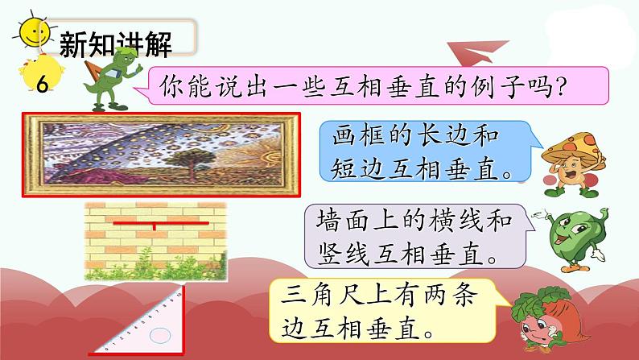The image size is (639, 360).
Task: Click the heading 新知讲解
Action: pyautogui.click(x=115, y=45)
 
